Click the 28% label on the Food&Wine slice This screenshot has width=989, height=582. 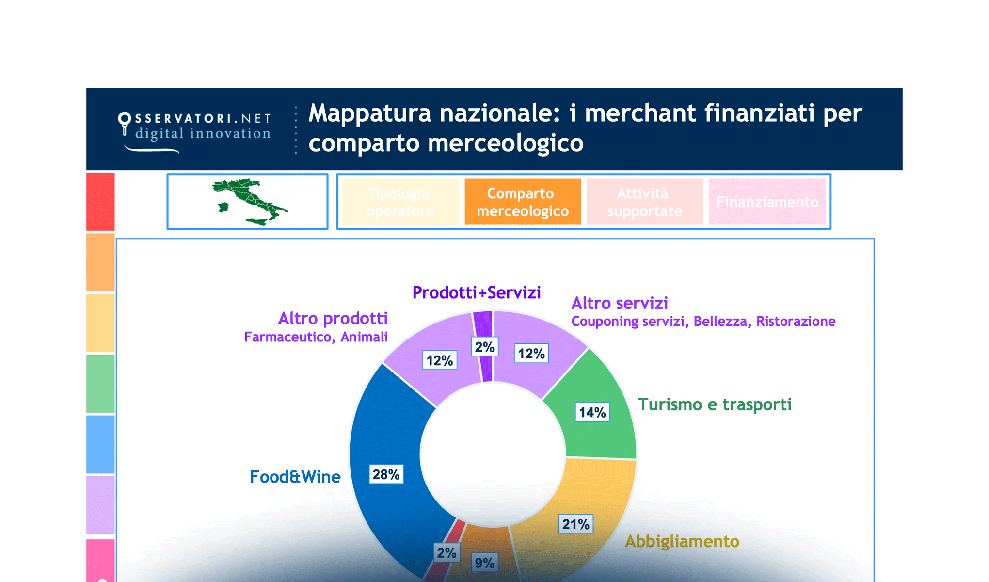[x=386, y=474]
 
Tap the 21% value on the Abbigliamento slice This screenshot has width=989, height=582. [x=575, y=524]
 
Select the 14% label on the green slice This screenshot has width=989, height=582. [x=592, y=412]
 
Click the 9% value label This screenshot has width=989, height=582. [x=484, y=563]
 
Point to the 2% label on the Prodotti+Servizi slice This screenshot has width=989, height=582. [x=484, y=347]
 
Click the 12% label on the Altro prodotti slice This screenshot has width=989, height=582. [x=439, y=360]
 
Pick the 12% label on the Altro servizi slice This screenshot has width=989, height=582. [x=531, y=354]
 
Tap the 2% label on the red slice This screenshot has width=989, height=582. [x=446, y=552]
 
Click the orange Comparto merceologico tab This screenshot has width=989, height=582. [x=523, y=202]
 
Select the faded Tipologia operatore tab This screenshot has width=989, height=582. [x=400, y=202]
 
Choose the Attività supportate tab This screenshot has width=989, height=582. [x=644, y=202]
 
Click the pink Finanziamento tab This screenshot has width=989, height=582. [x=767, y=202]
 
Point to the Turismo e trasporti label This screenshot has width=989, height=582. [x=714, y=404]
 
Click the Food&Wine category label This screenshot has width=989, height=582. [x=295, y=477]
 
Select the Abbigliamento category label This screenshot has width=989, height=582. [x=682, y=541]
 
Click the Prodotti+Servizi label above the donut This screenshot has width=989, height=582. [x=476, y=292]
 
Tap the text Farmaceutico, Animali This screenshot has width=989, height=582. [x=316, y=337]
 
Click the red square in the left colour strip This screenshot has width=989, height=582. [x=100, y=202]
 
